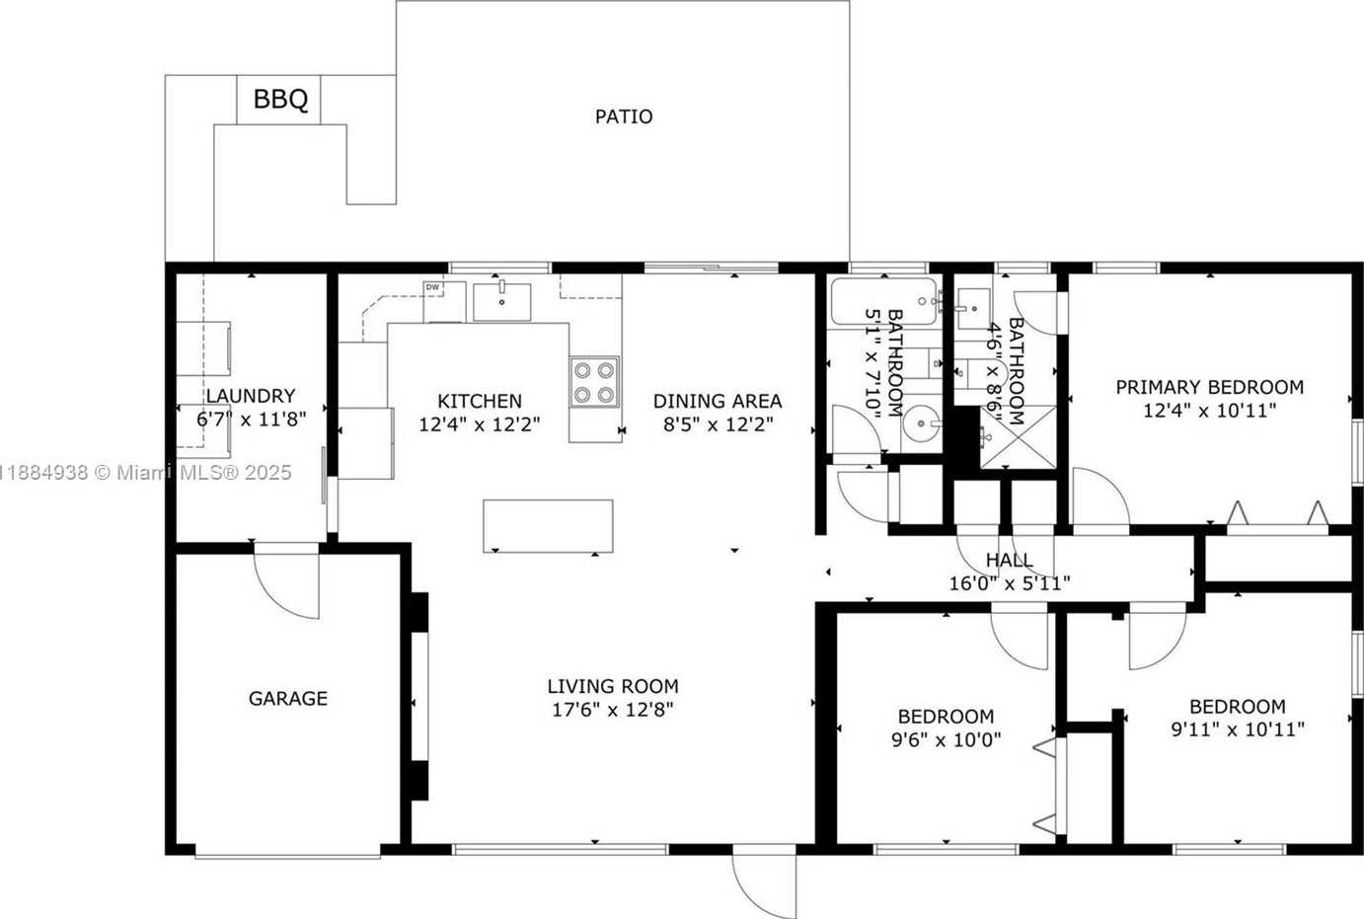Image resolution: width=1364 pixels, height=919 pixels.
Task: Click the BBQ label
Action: pyautogui.click(x=280, y=99)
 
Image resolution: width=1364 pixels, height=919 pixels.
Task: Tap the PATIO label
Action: pyautogui.click(x=624, y=116)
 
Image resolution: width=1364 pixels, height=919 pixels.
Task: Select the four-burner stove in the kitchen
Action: pyautogui.click(x=594, y=382)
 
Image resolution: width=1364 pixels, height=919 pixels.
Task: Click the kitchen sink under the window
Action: pyautogui.click(x=501, y=301)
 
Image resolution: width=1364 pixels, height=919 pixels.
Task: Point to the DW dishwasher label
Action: pyautogui.click(x=432, y=287)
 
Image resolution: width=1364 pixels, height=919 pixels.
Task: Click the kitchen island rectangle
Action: pyautogui.click(x=548, y=526)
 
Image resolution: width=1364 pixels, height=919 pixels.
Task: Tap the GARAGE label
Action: pyautogui.click(x=288, y=698)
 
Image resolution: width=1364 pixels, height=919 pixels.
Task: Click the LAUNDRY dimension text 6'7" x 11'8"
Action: pyautogui.click(x=251, y=419)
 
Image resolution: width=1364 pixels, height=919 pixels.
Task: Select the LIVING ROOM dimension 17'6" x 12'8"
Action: pyautogui.click(x=613, y=710)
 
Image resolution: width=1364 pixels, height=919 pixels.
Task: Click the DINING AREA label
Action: pyautogui.click(x=718, y=401)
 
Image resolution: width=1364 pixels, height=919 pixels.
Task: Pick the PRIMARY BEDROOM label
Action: pyautogui.click(x=1209, y=387)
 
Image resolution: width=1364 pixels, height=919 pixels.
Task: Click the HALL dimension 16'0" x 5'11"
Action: pyautogui.click(x=1010, y=583)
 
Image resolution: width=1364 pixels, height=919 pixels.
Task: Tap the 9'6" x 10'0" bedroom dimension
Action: pyautogui.click(x=947, y=740)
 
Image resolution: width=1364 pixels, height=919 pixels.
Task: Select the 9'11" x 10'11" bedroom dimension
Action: pyautogui.click(x=1238, y=729)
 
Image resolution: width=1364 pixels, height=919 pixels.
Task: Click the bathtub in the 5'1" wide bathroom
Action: pyautogui.click(x=884, y=301)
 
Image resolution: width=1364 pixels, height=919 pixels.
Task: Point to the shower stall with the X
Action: pyautogui.click(x=1019, y=436)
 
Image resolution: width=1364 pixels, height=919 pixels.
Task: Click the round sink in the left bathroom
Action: pyautogui.click(x=922, y=422)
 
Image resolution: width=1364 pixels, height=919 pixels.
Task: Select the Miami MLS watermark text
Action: pyautogui.click(x=145, y=473)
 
